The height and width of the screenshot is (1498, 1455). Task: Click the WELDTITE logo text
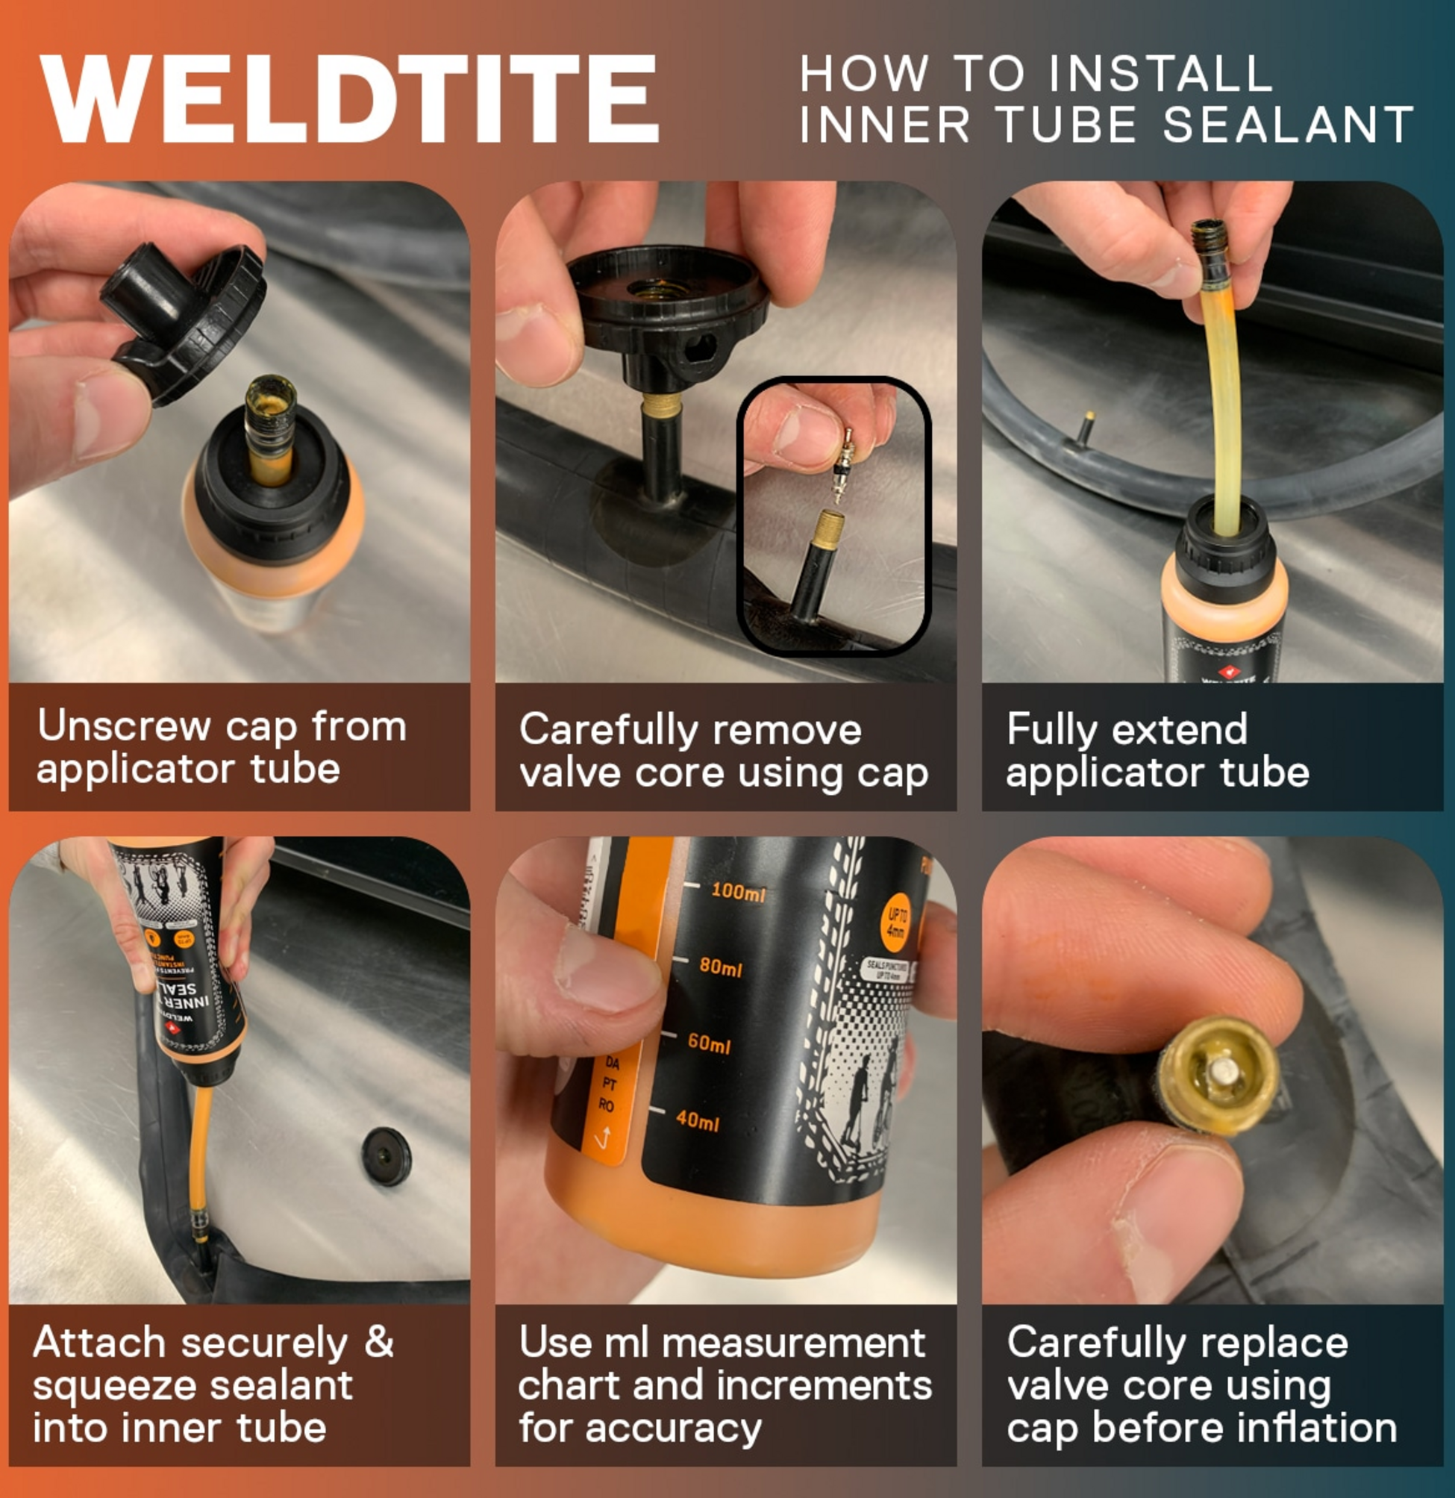pos(350,99)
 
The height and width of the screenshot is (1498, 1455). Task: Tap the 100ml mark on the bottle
pos(737,891)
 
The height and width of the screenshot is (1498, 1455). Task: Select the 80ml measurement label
pos(721,967)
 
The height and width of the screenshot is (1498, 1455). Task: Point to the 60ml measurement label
pos(709,1043)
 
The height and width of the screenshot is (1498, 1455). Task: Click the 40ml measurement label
pos(697,1121)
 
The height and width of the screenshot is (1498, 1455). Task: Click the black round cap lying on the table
pos(386,1156)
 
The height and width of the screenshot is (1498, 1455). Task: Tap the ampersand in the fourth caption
pos(378,1343)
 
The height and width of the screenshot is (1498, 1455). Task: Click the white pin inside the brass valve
pos(1224,1073)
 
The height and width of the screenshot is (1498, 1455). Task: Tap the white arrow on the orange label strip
pos(602,1139)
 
